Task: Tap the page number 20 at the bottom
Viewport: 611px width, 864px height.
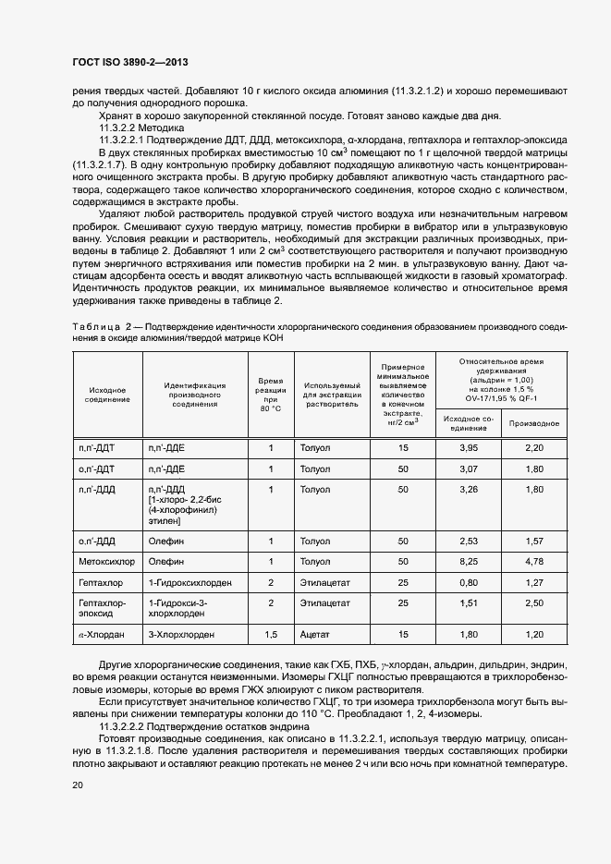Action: [x=77, y=785]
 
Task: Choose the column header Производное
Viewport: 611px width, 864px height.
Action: [x=534, y=422]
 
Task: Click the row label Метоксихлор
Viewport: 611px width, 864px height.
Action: [x=106, y=561]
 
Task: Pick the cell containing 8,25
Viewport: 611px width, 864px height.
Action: [x=468, y=561]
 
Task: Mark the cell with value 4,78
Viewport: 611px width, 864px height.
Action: [x=534, y=561]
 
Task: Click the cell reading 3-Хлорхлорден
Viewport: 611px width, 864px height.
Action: [x=183, y=635]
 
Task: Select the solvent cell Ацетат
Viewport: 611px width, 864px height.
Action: [x=314, y=635]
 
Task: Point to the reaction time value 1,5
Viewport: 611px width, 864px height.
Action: [x=271, y=635]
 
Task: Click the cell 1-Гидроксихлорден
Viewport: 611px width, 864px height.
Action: [x=189, y=583]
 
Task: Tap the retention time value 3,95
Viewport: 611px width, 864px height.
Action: [x=468, y=448]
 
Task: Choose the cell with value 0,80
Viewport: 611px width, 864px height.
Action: [x=468, y=583]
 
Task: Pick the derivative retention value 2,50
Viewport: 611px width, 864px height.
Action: [x=534, y=603]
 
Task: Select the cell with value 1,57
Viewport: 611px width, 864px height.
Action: [x=534, y=539]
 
